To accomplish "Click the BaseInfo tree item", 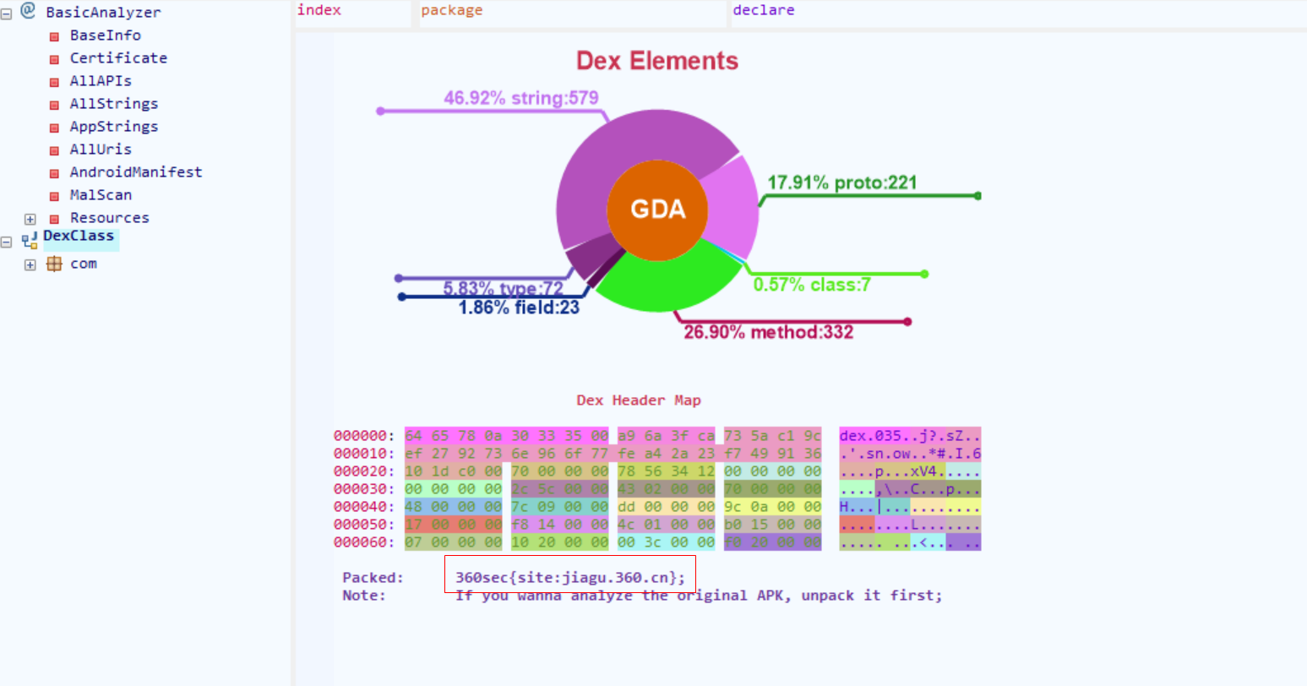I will pyautogui.click(x=105, y=35).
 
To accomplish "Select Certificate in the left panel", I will pyautogui.click(x=118, y=58).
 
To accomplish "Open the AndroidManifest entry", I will pyautogui.click(x=135, y=172).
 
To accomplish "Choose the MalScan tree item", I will pyautogui.click(x=101, y=195).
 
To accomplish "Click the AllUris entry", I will pyautogui.click(x=101, y=150).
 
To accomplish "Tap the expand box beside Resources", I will pyautogui.click(x=30, y=219).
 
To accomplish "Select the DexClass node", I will pyautogui.click(x=79, y=237).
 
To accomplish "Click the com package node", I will pyautogui.click(x=83, y=264).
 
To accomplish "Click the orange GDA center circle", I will pyautogui.click(x=657, y=210).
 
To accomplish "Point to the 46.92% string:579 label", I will pyautogui.click(x=520, y=98).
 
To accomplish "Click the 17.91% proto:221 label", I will pyautogui.click(x=841, y=182).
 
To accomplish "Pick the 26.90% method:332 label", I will pyautogui.click(x=768, y=332).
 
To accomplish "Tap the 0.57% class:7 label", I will pyautogui.click(x=811, y=285).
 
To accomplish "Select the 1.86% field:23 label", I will pyautogui.click(x=519, y=308).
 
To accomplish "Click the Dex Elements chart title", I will pyautogui.click(x=656, y=61).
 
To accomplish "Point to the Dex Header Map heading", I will pyautogui.click(x=638, y=400).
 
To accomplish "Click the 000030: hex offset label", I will pyautogui.click(x=363, y=489).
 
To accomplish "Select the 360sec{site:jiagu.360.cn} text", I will pyautogui.click(x=569, y=578).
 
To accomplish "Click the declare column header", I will pyautogui.click(x=763, y=10).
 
